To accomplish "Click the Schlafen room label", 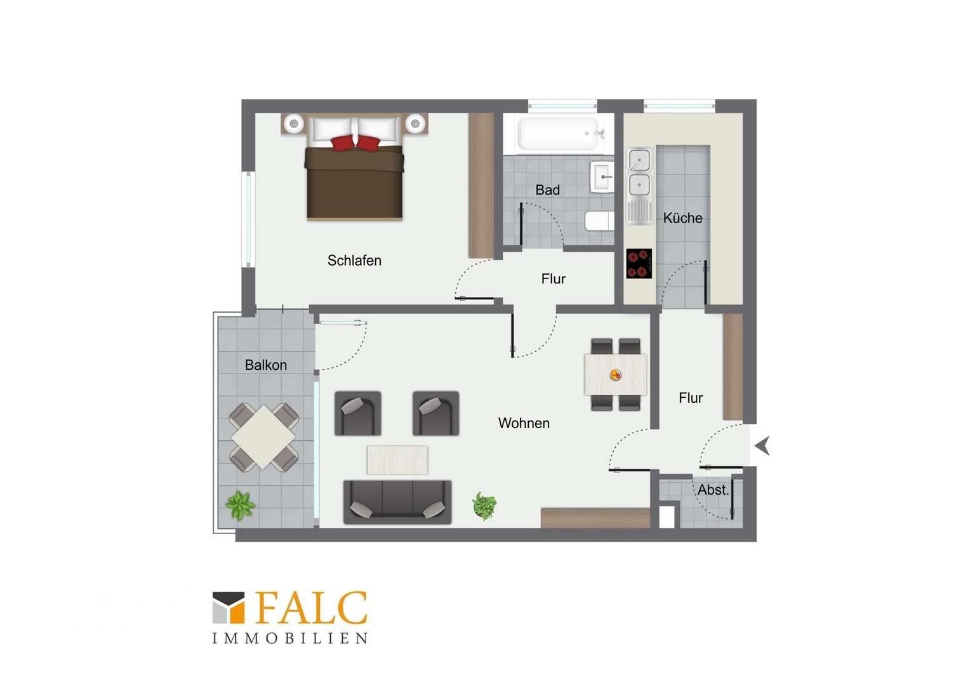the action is click(x=354, y=261).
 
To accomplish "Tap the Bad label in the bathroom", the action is click(x=547, y=190).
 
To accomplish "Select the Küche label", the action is click(x=682, y=218).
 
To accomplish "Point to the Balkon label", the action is click(x=265, y=365).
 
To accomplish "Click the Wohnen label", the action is click(x=524, y=423).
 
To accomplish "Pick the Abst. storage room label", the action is click(x=713, y=490).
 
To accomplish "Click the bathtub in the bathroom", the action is click(x=558, y=133).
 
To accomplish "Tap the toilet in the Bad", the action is click(x=599, y=221).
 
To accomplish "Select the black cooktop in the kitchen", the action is click(x=639, y=263).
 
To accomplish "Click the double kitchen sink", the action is click(x=639, y=186).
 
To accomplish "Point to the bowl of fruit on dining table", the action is click(x=615, y=375).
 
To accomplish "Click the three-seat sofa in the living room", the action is click(x=397, y=502).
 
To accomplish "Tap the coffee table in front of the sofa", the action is click(x=397, y=460).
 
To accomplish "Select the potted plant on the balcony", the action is click(x=241, y=506).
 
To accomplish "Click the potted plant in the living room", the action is click(x=484, y=506).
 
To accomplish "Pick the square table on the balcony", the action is click(x=263, y=437).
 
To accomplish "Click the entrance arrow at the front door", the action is click(x=762, y=446).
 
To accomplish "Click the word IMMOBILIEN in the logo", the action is click(x=289, y=638).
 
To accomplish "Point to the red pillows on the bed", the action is click(x=355, y=143).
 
